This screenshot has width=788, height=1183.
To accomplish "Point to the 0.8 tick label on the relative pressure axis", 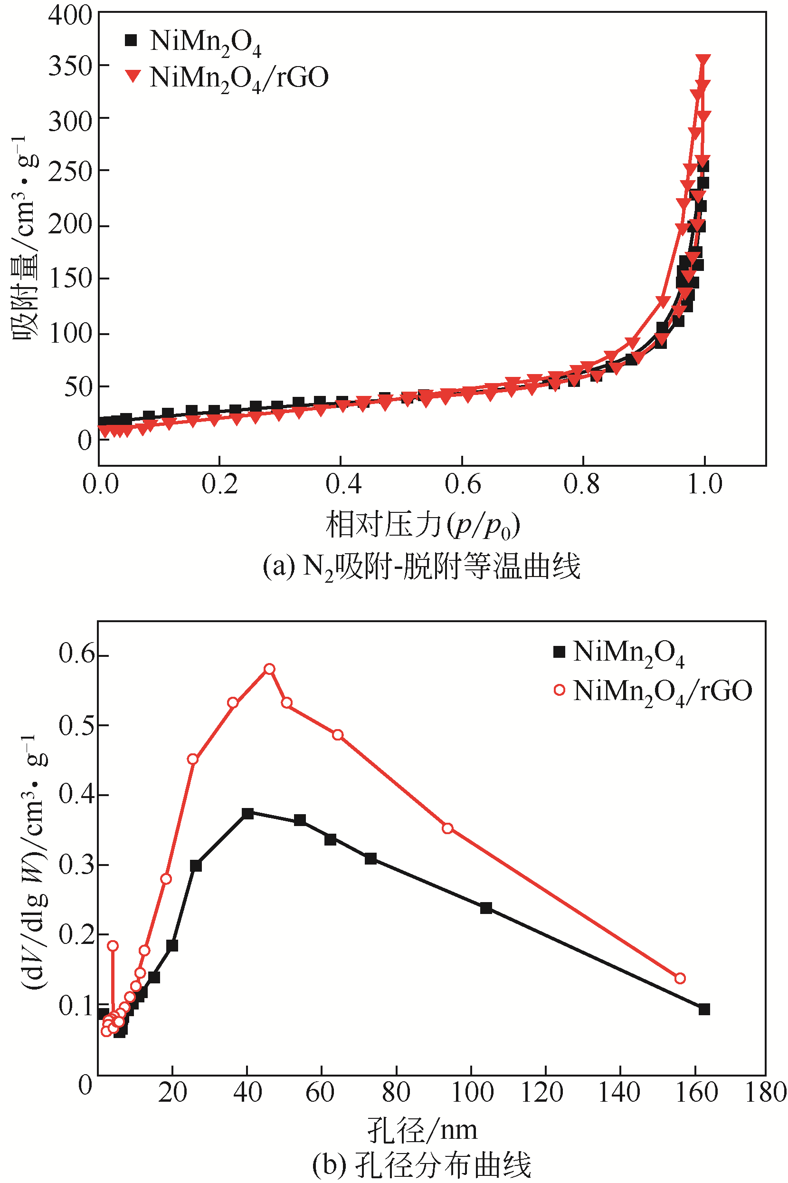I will point(581,484).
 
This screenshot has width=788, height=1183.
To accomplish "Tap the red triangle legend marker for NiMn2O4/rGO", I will point(133,77).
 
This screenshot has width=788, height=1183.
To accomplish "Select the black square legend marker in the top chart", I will point(131,40).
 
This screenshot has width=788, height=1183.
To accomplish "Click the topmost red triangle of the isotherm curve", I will point(703,60).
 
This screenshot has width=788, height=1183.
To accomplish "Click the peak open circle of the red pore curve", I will point(269,669).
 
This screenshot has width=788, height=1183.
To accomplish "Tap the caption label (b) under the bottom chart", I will point(329,1164).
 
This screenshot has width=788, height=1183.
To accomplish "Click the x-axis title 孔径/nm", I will point(422,1129).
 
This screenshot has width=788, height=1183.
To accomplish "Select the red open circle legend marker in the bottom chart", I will point(560,690).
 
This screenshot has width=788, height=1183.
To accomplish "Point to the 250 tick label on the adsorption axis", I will point(70,171).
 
